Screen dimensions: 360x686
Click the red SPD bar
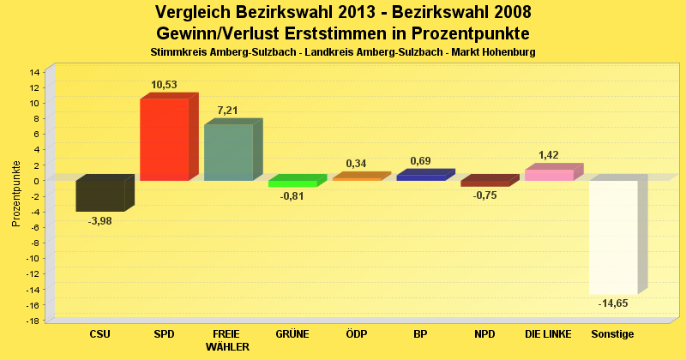coord(164,139)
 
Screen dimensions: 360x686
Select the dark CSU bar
coord(99,195)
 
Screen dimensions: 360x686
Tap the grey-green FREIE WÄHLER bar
coord(228,153)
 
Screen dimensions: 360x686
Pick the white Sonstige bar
coord(613,237)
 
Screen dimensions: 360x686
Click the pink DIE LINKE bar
coord(549,175)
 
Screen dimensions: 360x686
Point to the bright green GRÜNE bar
coord(292,183)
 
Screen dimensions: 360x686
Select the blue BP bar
coord(421,177)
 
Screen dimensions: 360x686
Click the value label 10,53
coord(164,84)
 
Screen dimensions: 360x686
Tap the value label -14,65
coord(613,303)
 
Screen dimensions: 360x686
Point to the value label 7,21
coord(228,111)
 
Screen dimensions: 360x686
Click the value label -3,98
coord(99,220)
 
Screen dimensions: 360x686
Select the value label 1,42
coord(549,155)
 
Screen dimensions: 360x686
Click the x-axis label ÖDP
coord(356,333)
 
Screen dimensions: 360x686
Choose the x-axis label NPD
coord(484,333)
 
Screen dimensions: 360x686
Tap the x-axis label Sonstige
coord(613,333)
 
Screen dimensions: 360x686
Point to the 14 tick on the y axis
coord(35,72)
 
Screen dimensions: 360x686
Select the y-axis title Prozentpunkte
coord(16,193)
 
